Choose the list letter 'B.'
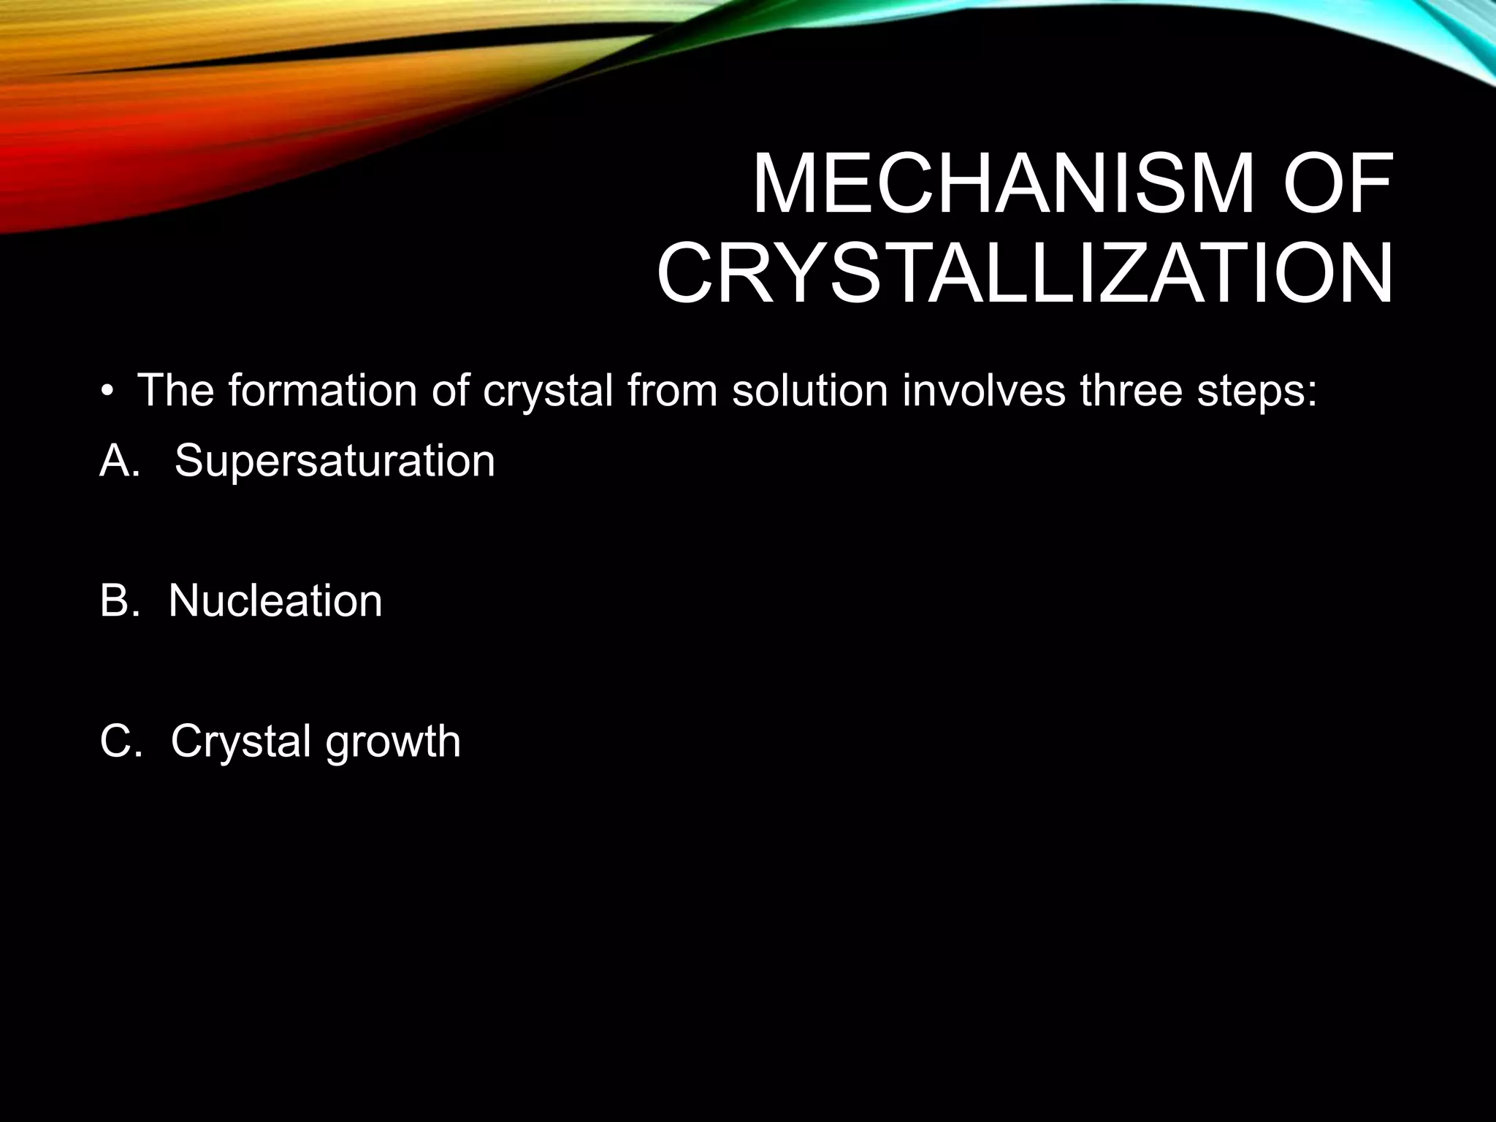(119, 601)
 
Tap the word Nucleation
(275, 601)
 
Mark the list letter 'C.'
(119, 741)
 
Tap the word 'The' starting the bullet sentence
(175, 391)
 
